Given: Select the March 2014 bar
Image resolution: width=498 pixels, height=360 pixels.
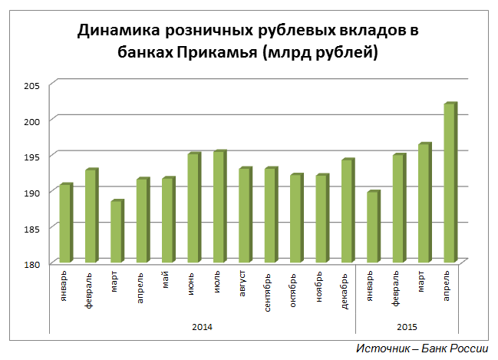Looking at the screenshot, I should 117,232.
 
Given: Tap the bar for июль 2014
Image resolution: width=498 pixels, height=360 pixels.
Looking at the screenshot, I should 219,206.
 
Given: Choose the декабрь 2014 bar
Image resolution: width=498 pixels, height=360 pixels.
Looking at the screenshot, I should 347,211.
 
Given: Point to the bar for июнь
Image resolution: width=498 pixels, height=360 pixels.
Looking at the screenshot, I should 193,208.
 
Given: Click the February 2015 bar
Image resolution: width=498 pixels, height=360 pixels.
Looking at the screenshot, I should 398,209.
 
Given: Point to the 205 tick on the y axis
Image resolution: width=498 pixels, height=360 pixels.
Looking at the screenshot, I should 36,84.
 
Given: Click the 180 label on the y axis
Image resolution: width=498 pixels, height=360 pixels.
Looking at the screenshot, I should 36,263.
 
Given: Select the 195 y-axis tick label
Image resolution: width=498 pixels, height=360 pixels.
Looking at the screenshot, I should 36,156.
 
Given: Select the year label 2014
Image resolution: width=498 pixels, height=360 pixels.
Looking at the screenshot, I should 203,327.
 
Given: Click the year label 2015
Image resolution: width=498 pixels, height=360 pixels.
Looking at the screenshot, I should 407,327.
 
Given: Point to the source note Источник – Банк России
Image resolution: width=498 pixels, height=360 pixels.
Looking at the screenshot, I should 421,348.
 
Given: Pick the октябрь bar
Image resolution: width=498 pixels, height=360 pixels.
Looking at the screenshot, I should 295,219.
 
